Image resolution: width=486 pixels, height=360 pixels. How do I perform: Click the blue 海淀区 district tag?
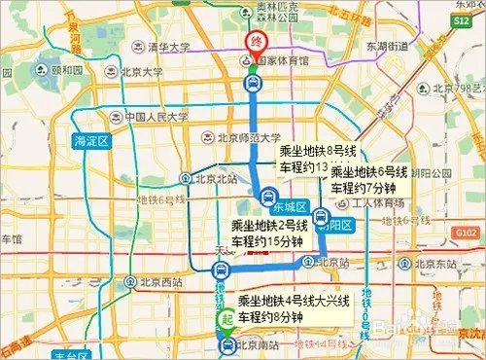pyautogui.click(x=94, y=141)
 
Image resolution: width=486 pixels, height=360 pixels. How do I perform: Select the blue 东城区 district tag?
pyautogui.click(x=290, y=208)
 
